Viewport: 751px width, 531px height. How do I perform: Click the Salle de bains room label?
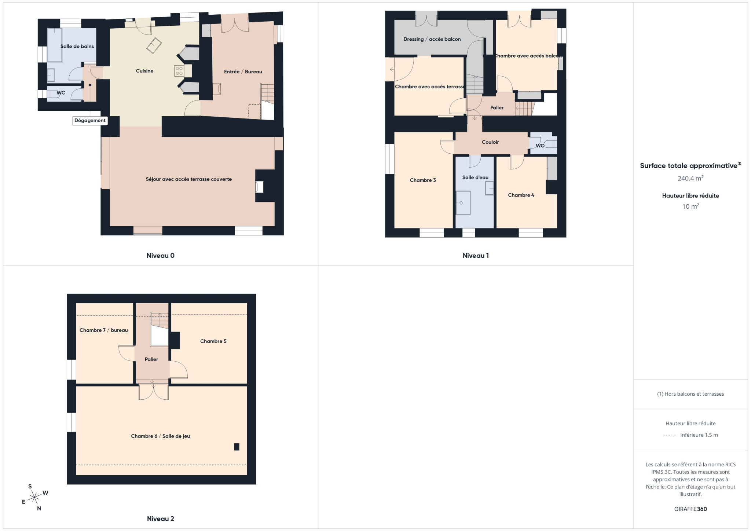[77, 46]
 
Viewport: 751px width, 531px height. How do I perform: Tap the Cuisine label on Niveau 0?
[144, 71]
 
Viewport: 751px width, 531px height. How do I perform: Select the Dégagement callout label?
[90, 120]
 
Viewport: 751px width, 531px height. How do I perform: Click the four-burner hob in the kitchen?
[179, 71]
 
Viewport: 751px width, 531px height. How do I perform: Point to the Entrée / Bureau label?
[243, 72]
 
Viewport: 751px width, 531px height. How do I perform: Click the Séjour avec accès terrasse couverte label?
[188, 179]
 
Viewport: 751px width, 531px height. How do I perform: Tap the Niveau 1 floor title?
[476, 256]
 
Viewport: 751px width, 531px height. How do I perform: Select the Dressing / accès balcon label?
[432, 39]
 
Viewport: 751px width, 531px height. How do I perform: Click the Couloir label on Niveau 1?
[490, 142]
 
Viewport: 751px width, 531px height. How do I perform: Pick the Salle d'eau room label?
[475, 177]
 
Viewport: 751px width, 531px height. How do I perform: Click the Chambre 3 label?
[423, 180]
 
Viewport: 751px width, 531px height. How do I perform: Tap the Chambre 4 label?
[521, 195]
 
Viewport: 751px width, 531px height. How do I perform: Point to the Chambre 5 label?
[213, 341]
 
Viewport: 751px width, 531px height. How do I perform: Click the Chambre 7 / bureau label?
[104, 330]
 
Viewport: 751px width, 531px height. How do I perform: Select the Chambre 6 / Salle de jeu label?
[161, 436]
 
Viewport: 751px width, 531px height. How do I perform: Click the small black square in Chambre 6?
[237, 447]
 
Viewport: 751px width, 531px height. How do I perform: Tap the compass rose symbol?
[34, 497]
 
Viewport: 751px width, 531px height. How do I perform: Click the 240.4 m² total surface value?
[690, 178]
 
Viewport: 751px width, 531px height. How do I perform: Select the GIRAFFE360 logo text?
[690, 509]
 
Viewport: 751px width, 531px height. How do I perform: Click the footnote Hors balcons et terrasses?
[690, 394]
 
